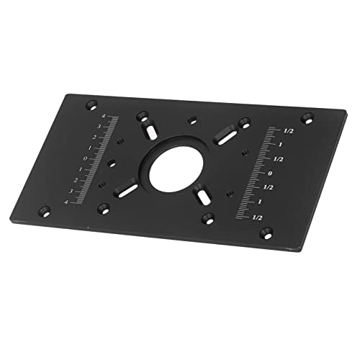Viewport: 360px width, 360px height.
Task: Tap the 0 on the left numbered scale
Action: point(86,159)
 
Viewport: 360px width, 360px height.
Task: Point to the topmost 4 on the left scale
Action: point(105,116)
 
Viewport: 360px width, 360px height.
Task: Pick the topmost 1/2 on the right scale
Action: point(289,131)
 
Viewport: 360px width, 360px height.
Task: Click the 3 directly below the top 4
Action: point(100,127)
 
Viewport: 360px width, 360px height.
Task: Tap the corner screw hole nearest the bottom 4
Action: point(45,211)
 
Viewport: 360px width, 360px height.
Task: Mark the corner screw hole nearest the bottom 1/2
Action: point(267,232)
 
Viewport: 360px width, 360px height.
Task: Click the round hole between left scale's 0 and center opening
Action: point(111,163)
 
